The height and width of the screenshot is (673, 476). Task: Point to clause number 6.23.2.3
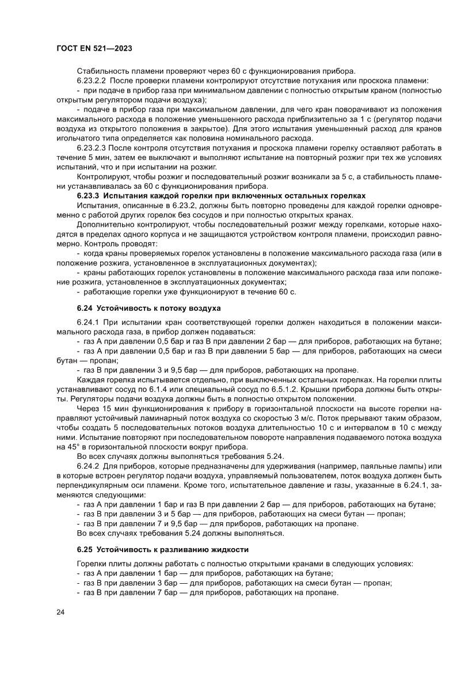point(94,147)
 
